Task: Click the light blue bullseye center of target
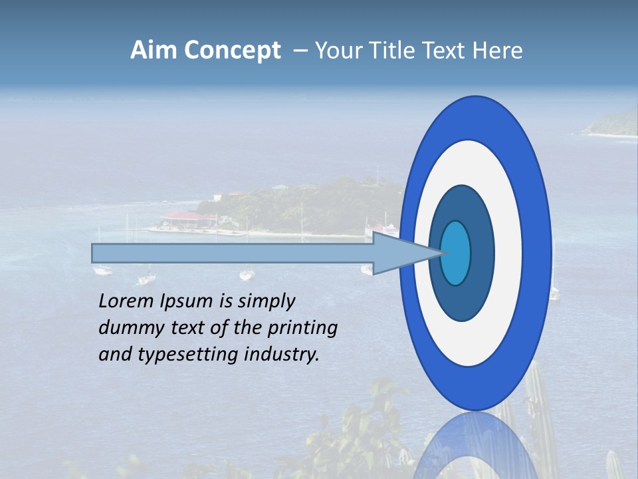tap(456, 253)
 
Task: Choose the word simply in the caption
tap(266, 302)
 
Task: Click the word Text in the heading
tap(445, 51)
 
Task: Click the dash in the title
tap(300, 51)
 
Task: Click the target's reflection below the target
tap(475, 446)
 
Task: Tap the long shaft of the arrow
tap(233, 253)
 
